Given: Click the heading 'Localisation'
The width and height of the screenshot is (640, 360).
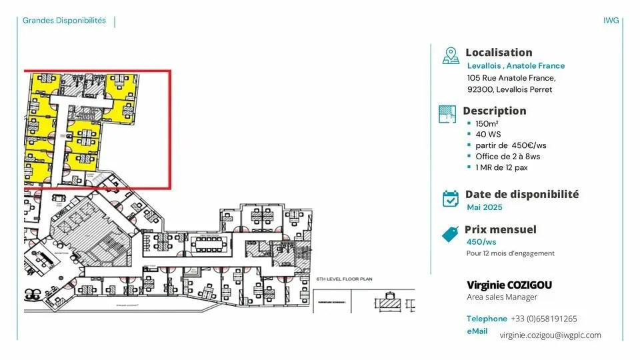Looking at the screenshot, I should (499, 53).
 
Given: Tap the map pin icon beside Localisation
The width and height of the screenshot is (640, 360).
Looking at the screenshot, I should (451, 55).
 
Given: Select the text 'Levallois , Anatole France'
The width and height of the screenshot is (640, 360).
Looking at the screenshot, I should (516, 66).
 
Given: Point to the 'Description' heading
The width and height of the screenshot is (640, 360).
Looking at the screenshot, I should (495, 111).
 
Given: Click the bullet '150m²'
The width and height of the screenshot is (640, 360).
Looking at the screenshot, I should (487, 124).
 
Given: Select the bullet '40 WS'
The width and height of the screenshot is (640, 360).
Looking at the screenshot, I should (488, 135).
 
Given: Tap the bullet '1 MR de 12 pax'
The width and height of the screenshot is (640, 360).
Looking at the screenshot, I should (501, 167).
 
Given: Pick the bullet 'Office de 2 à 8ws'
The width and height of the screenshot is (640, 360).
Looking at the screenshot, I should (507, 157).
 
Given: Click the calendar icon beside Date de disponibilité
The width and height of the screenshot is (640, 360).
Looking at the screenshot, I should (451, 198).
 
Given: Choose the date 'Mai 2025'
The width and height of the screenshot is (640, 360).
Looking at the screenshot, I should (485, 207).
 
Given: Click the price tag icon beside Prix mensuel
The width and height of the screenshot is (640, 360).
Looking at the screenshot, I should (451, 234).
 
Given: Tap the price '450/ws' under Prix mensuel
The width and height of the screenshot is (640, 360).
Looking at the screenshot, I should (481, 242).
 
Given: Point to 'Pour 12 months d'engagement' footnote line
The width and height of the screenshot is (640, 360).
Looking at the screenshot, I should (510, 253).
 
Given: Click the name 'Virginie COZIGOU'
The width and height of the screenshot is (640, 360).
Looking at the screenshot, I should (509, 285).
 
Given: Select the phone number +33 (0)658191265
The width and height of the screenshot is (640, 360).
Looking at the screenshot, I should (544, 319).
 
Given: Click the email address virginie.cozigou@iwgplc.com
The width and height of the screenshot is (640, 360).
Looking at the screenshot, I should (550, 335).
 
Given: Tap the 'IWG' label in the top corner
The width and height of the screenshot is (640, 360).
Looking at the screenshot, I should (611, 21).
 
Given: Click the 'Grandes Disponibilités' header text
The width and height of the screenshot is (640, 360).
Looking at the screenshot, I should (64, 21).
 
